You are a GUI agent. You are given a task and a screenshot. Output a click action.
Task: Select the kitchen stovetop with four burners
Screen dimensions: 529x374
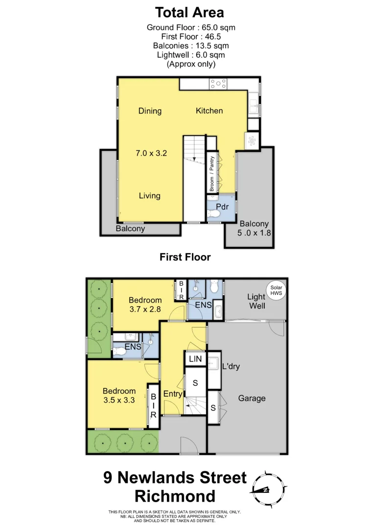(x=218, y=84)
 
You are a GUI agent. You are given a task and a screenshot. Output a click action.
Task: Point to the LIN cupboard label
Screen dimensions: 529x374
(x=195, y=360)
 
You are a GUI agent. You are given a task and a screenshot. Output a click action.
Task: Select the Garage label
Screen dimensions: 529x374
(x=252, y=398)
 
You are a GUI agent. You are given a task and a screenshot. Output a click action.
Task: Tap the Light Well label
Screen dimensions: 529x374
(x=256, y=301)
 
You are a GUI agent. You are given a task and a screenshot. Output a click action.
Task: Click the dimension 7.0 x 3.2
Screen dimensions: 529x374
(x=151, y=153)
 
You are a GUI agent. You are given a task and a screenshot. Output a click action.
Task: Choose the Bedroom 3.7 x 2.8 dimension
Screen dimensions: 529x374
(x=145, y=310)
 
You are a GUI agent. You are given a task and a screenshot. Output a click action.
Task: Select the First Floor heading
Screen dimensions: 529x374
(x=185, y=257)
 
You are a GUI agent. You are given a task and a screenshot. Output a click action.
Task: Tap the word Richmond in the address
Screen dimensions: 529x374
(x=175, y=496)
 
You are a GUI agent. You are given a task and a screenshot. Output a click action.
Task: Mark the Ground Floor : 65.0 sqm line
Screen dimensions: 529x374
(x=194, y=27)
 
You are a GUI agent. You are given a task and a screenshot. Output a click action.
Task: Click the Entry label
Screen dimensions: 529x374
(x=173, y=394)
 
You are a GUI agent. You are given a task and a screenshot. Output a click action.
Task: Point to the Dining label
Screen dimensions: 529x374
(x=150, y=111)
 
